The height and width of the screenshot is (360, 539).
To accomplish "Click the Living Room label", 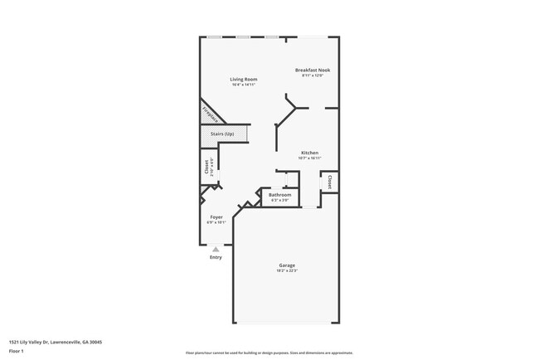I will point(244,80).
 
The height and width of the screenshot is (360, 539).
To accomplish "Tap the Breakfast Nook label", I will point(313,71).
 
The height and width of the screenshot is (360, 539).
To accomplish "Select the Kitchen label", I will point(310,153).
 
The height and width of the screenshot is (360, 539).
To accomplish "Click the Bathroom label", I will point(279,195).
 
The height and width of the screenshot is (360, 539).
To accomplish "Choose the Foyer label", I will point(216,217).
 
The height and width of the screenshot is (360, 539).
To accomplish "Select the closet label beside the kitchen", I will point(330,182).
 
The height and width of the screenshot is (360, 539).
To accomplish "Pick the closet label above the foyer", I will point(206,167).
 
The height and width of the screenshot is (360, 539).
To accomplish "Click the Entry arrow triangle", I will point(216,249).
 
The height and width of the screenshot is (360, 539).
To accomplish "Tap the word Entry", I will point(216,257).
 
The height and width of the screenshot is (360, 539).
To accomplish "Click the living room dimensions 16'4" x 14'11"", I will point(244,85).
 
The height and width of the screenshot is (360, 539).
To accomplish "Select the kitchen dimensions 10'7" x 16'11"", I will point(310,158).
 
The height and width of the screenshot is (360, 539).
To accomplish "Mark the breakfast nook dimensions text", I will point(313,75).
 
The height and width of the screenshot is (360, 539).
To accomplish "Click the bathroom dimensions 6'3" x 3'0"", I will point(279,200).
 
